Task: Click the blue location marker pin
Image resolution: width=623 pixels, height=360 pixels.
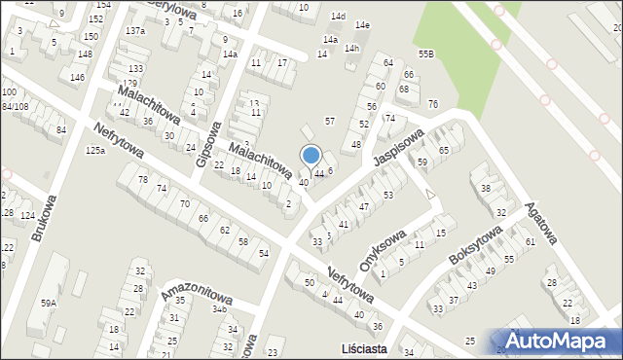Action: (x=311, y=157)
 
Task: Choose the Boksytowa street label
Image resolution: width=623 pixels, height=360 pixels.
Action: (x=474, y=245)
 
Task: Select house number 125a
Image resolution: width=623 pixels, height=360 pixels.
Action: (x=94, y=151)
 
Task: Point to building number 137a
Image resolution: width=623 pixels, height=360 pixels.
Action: (x=135, y=31)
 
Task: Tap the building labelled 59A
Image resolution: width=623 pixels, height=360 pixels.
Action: (x=48, y=303)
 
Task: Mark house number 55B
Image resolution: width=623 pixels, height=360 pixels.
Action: (x=425, y=53)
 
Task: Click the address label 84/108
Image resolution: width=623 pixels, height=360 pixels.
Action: (x=15, y=105)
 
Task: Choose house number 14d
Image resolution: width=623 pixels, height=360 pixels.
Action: (x=338, y=17)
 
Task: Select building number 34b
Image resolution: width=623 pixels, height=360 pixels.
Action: (x=219, y=308)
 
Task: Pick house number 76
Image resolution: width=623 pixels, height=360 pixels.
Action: (x=432, y=104)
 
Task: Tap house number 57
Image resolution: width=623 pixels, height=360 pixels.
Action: (x=330, y=121)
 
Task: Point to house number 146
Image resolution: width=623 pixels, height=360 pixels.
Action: (x=77, y=77)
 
